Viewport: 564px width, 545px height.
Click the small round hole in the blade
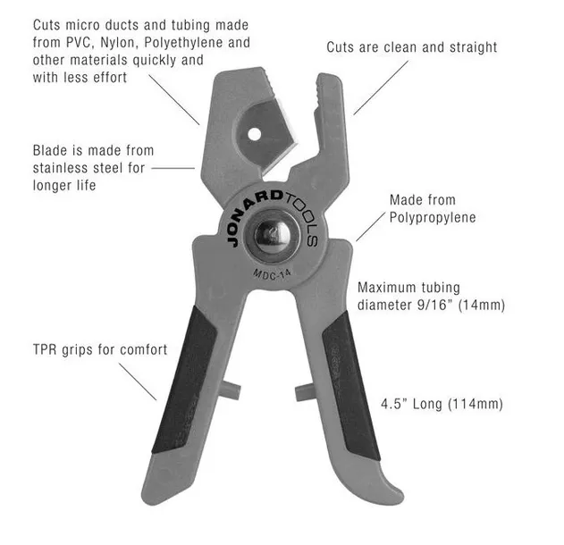point(255,134)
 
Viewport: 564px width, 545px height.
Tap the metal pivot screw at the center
point(272,235)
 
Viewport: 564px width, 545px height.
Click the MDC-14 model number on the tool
point(273,274)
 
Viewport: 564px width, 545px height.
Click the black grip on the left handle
point(184,380)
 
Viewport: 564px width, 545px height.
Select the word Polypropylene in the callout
point(433,217)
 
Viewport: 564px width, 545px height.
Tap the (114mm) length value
point(476,404)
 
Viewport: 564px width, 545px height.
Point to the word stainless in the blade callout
point(63,168)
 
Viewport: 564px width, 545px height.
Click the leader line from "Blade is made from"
point(173,168)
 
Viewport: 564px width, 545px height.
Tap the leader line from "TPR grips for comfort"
point(138,381)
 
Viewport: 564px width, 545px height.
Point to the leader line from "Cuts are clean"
point(381,88)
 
